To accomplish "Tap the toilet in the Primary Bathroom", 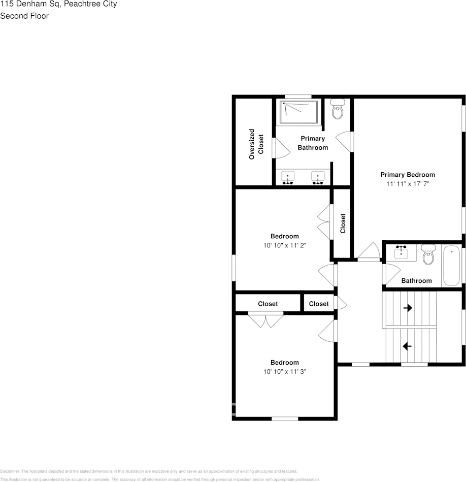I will point(338,109).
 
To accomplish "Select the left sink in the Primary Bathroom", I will point(288,178).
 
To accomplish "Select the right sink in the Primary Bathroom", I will point(318,178).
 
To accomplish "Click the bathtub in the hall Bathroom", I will point(451,266).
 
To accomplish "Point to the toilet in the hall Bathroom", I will point(428,255).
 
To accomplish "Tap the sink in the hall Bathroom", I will point(402,252).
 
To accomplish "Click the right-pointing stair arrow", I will point(407,308).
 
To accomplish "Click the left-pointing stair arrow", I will point(407,346).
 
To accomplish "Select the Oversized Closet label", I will point(256,147).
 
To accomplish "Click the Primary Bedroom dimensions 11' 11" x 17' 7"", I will point(408,184).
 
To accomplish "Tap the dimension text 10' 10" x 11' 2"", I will point(284,245).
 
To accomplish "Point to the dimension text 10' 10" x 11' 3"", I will point(284,372).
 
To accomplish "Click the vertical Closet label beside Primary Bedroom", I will point(343,223).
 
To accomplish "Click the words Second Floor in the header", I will point(24,16).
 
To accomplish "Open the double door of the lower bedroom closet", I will point(266,320).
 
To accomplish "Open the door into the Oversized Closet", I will point(278,147).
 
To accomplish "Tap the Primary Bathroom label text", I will point(313,143).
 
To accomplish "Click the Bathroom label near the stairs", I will point(416,281).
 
